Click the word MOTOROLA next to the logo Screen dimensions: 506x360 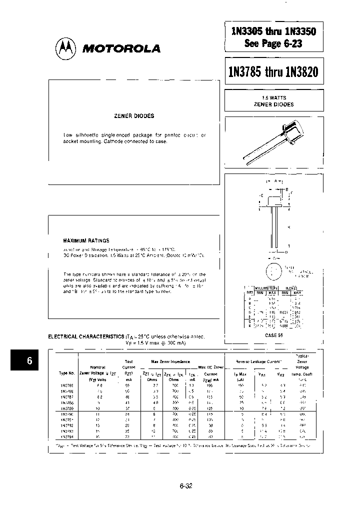coord(120,49)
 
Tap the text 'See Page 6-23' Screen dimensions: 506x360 coord(273,43)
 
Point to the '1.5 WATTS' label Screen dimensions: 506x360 coord(273,98)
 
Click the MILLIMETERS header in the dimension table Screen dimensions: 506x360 coord(266,288)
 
